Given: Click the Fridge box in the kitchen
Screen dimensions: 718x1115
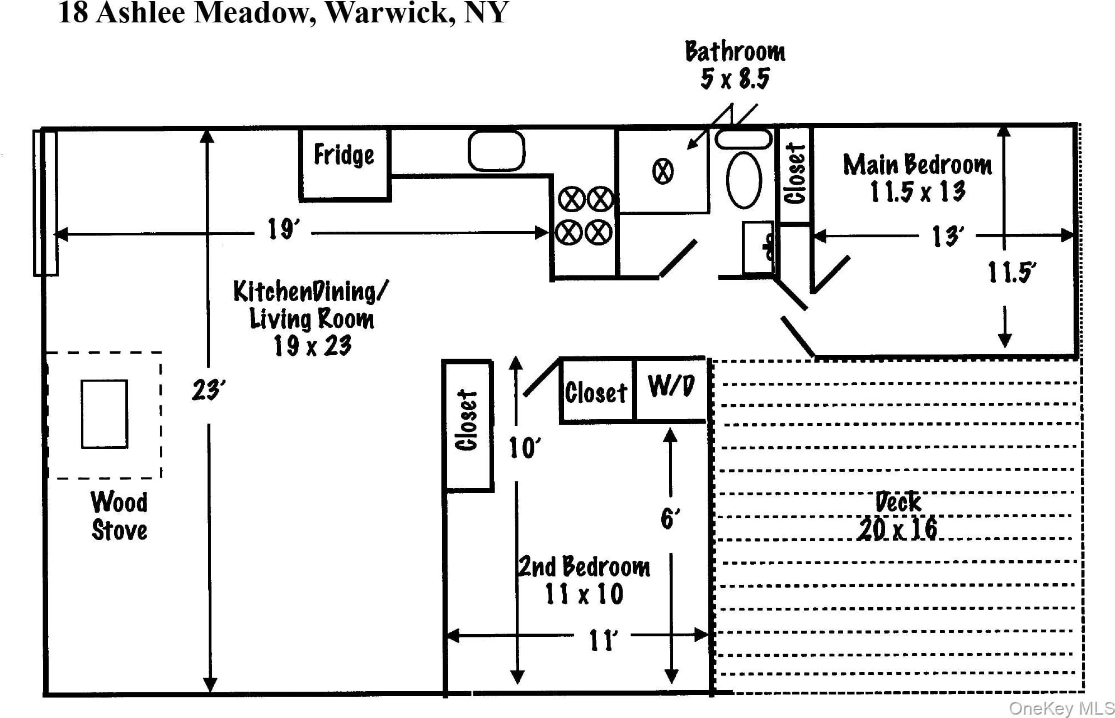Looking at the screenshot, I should coord(344,164).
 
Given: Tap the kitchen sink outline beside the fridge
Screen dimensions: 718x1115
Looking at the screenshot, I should coord(496,151).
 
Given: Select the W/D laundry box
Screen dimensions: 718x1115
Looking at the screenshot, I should coord(671,387).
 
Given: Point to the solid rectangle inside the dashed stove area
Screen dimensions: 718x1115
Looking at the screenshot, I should coord(105,414).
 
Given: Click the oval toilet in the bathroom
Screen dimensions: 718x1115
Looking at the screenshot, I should coord(744,180).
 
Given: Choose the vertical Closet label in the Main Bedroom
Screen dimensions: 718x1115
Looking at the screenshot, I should coord(795,173).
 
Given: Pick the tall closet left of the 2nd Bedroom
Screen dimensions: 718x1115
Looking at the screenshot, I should coord(468,425).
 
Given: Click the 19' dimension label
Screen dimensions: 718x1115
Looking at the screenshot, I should coord(283,229).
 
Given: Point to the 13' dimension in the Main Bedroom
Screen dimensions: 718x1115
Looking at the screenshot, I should coord(948,237).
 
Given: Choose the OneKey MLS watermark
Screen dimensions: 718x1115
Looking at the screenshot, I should coord(1061,708).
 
